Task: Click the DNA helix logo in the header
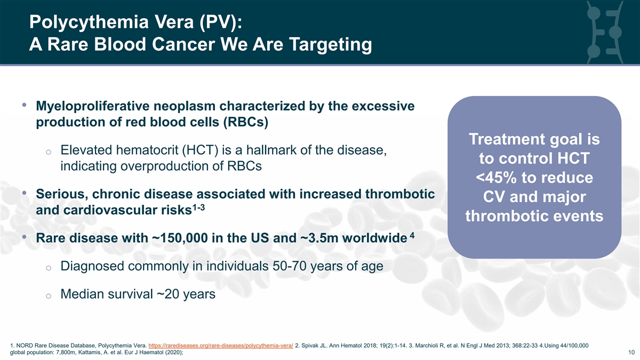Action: tap(604, 32)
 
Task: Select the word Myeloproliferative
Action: tap(93, 106)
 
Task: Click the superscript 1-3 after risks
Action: tap(199, 207)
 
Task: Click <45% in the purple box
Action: tap(497, 178)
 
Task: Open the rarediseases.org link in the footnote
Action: tap(221, 346)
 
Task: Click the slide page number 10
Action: tap(631, 353)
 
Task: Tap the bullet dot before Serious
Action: tap(24, 193)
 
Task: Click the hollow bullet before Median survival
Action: tap(49, 295)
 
